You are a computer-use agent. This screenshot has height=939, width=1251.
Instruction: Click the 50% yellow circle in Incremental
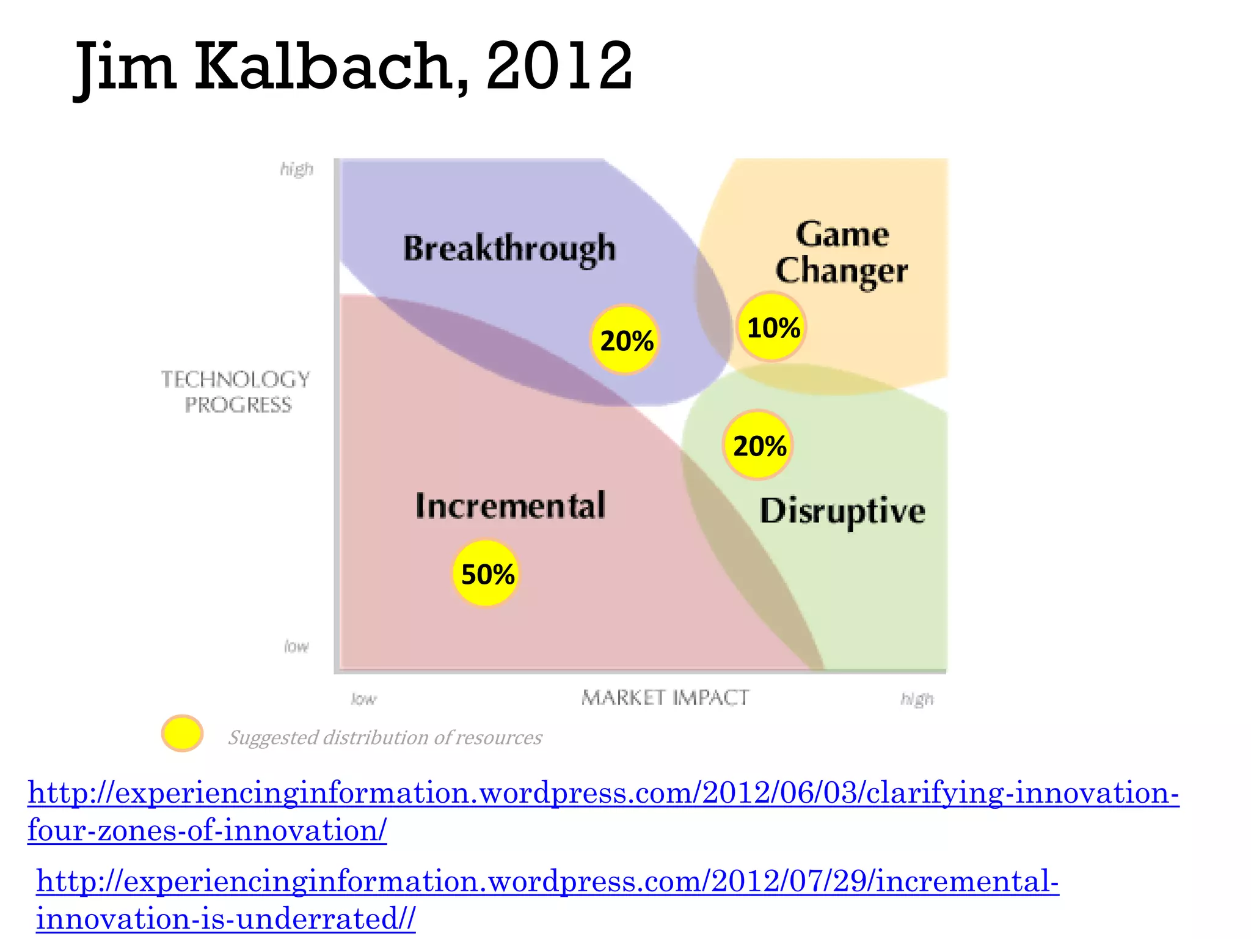[486, 573]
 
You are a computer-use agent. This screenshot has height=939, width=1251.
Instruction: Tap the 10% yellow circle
[771, 327]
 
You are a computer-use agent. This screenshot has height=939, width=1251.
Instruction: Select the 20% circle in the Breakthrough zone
[625, 340]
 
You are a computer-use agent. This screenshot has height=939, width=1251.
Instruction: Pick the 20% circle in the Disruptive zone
[758, 445]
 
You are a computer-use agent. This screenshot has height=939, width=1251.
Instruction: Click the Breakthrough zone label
[509, 249]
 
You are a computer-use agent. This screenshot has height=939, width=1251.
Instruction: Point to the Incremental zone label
[510, 506]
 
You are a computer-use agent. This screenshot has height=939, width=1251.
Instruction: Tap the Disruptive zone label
[842, 510]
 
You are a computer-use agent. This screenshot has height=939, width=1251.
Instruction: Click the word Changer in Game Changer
[841, 270]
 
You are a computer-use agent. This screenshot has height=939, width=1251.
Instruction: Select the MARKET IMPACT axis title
[665, 698]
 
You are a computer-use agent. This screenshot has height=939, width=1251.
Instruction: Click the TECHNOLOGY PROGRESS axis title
[236, 392]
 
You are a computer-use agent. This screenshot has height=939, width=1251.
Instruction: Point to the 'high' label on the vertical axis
[297, 169]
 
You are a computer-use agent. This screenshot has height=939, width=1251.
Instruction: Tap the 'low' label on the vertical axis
[297, 646]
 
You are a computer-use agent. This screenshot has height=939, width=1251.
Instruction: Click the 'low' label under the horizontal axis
[364, 699]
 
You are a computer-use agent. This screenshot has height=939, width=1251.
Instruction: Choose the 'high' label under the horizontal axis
[917, 699]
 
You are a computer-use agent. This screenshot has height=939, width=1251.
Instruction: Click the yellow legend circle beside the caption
[182, 733]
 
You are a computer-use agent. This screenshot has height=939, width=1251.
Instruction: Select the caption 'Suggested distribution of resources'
[385, 737]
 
